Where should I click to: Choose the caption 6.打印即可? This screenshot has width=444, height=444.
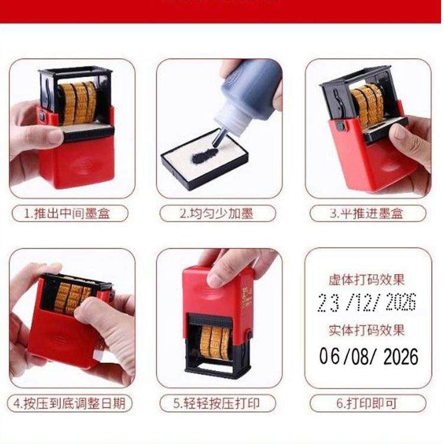coord(368,404)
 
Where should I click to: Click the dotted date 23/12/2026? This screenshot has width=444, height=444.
coord(367,303)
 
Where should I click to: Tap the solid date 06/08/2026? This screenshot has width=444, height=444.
coord(368,356)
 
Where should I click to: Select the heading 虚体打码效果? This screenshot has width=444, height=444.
coord(367,279)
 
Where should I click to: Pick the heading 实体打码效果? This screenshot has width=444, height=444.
coord(367,330)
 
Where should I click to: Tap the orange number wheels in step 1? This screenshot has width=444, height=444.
coord(78,102)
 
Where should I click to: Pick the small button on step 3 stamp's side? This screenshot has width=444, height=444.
coord(339,126)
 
